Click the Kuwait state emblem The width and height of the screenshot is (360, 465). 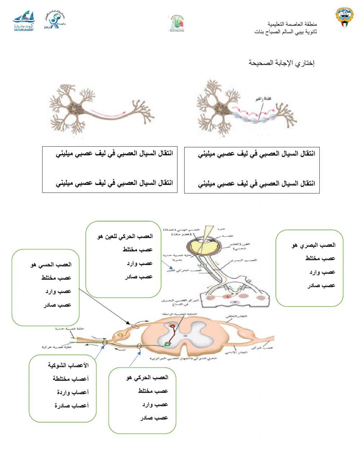[345, 20]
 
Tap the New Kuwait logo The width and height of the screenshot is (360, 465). [24, 21]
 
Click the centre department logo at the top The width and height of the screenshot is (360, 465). [176, 23]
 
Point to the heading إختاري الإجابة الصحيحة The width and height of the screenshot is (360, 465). [282, 63]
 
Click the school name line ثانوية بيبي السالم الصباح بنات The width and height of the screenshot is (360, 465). [286, 32]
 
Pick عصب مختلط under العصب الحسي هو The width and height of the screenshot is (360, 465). [56, 278]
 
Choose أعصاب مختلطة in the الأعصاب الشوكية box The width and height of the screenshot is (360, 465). [71, 379]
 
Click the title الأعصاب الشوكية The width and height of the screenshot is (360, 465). [68, 365]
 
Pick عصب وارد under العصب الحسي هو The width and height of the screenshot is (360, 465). [58, 291]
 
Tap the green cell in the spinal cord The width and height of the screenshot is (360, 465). [167, 344]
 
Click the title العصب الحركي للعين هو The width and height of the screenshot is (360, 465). [125, 236]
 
